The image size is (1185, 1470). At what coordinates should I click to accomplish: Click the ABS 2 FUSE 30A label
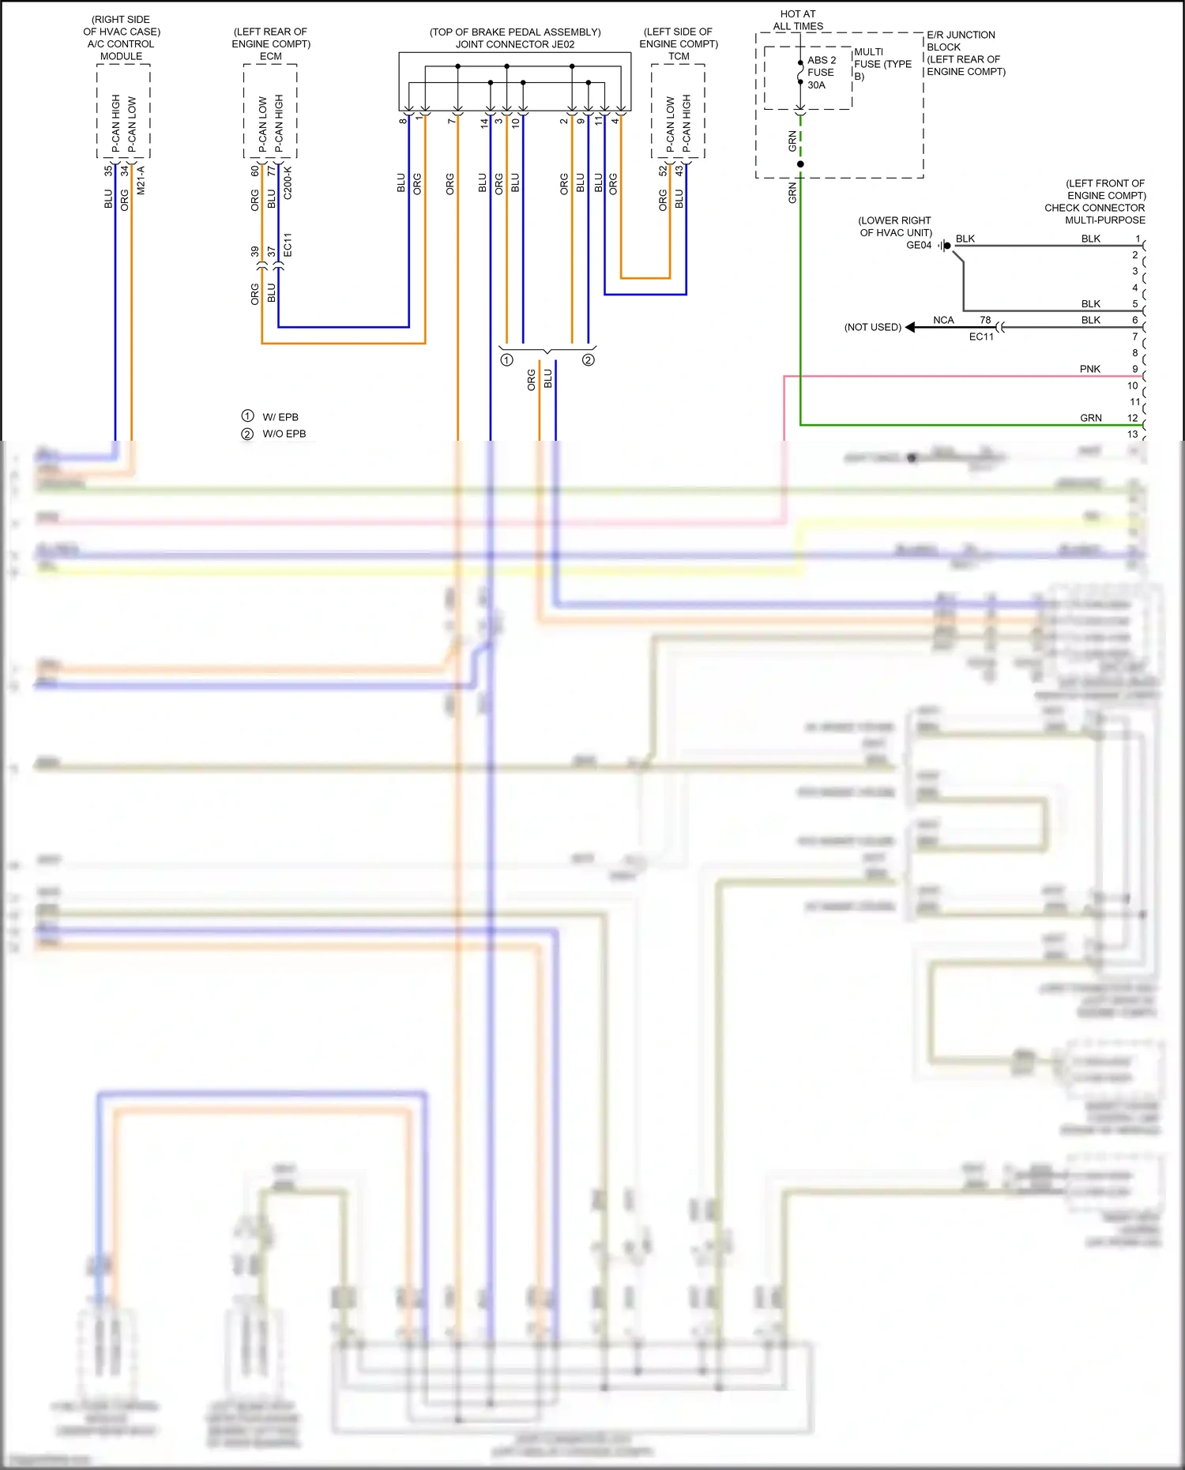(821, 73)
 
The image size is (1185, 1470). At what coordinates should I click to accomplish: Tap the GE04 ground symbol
(945, 246)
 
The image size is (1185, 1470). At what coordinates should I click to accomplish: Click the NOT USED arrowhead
(911, 327)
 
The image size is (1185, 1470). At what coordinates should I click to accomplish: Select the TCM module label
(679, 57)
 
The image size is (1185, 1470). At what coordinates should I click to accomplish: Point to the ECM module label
(270, 57)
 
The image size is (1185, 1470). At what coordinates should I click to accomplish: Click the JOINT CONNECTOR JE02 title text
(515, 44)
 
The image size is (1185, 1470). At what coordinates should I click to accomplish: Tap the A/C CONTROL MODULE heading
(121, 50)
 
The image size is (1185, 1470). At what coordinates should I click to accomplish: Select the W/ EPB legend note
(280, 417)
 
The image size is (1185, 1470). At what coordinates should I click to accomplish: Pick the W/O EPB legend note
(284, 434)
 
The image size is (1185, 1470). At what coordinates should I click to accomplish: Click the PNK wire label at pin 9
(1089, 369)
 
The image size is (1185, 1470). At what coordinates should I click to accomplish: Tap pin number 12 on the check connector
(1133, 418)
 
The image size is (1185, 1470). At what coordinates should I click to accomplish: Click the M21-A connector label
(141, 180)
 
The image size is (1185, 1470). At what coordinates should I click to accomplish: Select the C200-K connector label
(288, 182)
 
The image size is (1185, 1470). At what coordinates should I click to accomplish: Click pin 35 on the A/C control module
(108, 170)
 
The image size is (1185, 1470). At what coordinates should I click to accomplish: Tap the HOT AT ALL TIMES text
(798, 20)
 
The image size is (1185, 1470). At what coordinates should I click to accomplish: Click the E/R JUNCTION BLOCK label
(960, 41)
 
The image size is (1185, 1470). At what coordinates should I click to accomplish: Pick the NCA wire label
(943, 320)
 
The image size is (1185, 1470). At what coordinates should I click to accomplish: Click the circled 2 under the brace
(588, 360)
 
